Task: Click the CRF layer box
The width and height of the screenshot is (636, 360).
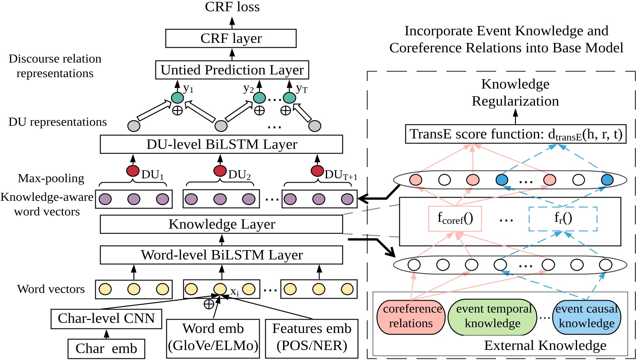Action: click(x=231, y=38)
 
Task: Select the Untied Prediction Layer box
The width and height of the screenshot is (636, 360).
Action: click(x=232, y=70)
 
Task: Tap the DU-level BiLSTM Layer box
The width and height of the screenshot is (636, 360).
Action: click(x=221, y=144)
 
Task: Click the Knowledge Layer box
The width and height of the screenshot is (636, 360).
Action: click(x=221, y=224)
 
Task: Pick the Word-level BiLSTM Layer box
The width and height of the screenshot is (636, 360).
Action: click(x=221, y=255)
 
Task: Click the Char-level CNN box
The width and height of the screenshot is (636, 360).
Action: click(x=106, y=318)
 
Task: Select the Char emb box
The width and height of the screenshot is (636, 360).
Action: click(x=106, y=348)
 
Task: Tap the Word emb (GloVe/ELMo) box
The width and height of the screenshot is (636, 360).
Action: click(x=213, y=337)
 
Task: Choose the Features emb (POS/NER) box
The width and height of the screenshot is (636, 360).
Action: click(x=311, y=337)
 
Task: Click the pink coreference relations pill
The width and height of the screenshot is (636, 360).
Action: click(x=411, y=316)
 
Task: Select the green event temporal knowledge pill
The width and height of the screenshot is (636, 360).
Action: click(x=493, y=316)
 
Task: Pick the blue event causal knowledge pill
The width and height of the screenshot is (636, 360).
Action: click(x=586, y=316)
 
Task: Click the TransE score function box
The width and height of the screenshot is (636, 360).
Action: click(x=515, y=134)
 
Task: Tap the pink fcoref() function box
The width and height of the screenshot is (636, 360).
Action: click(x=455, y=219)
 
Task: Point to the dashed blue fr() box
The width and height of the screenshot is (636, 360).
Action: click(x=563, y=219)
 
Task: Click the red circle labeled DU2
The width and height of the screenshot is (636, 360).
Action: click(x=220, y=171)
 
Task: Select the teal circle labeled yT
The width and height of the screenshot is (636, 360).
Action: click(x=289, y=98)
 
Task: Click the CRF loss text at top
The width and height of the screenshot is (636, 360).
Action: click(x=232, y=7)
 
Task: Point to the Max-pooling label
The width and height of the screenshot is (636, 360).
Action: click(x=51, y=178)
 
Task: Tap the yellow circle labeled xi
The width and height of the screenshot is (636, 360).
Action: click(x=220, y=289)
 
